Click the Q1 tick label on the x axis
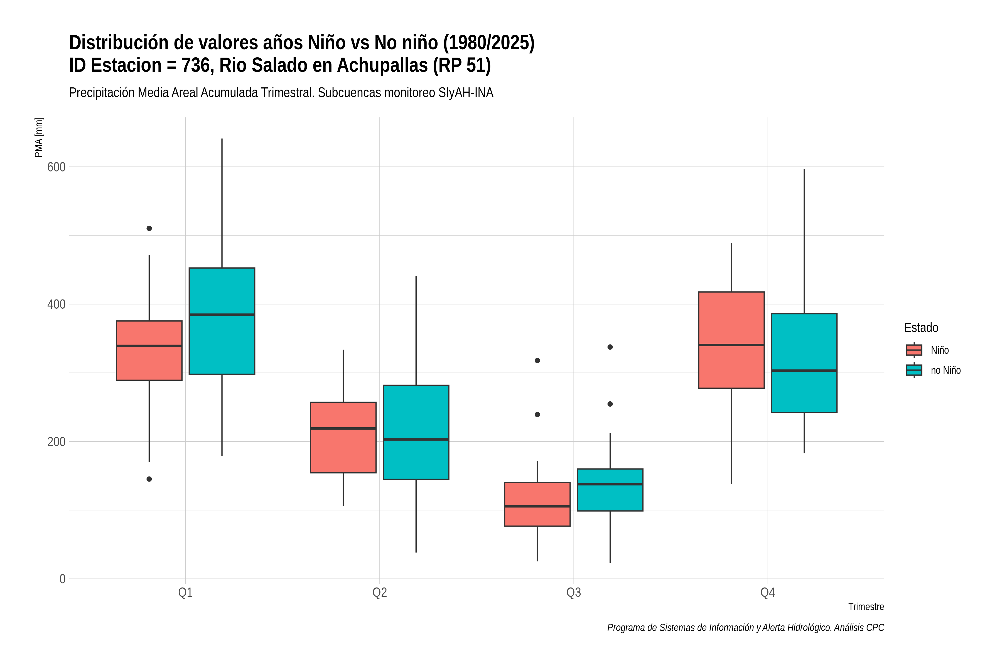coord(185,593)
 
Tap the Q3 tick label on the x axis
coord(573,593)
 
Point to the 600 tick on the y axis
coord(56,167)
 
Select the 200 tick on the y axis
coord(56,442)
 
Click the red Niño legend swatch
coord(914,350)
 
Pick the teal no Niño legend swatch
coord(914,370)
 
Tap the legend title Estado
coord(921,328)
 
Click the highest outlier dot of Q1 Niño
coord(149,228)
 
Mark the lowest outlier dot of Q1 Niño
coord(149,479)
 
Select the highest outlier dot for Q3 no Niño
coord(610,347)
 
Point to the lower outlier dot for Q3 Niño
coord(537,414)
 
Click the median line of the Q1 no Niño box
coord(222,315)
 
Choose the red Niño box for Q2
coord(343,438)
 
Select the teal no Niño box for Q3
coord(610,490)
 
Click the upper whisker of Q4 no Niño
coord(804,242)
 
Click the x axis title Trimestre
coord(866,607)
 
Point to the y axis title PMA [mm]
coord(39,137)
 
